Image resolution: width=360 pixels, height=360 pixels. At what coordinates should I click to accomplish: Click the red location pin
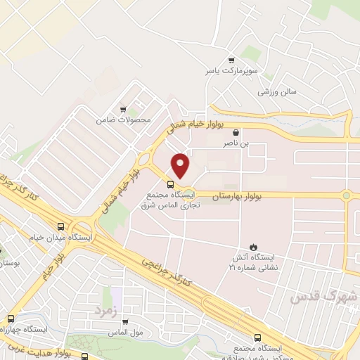coord(181,166)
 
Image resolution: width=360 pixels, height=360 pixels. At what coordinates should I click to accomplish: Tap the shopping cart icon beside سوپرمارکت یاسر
coord(231,60)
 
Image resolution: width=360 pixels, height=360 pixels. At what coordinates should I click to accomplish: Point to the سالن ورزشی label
coord(278,92)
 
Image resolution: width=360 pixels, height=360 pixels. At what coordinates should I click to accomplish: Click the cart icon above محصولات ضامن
coord(124,109)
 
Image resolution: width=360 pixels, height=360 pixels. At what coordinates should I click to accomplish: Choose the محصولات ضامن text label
coord(124,120)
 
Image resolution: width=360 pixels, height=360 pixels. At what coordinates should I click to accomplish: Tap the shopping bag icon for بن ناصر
coord(236,131)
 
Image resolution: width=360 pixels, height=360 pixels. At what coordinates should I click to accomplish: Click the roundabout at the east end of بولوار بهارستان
coord(345,195)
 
